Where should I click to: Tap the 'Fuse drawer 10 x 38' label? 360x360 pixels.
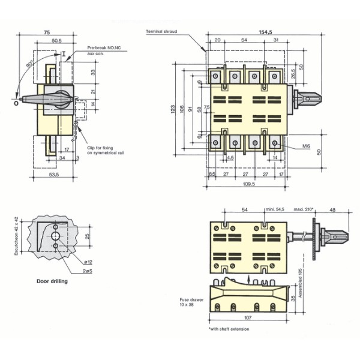[190, 301]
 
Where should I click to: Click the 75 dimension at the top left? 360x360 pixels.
[46, 32]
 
